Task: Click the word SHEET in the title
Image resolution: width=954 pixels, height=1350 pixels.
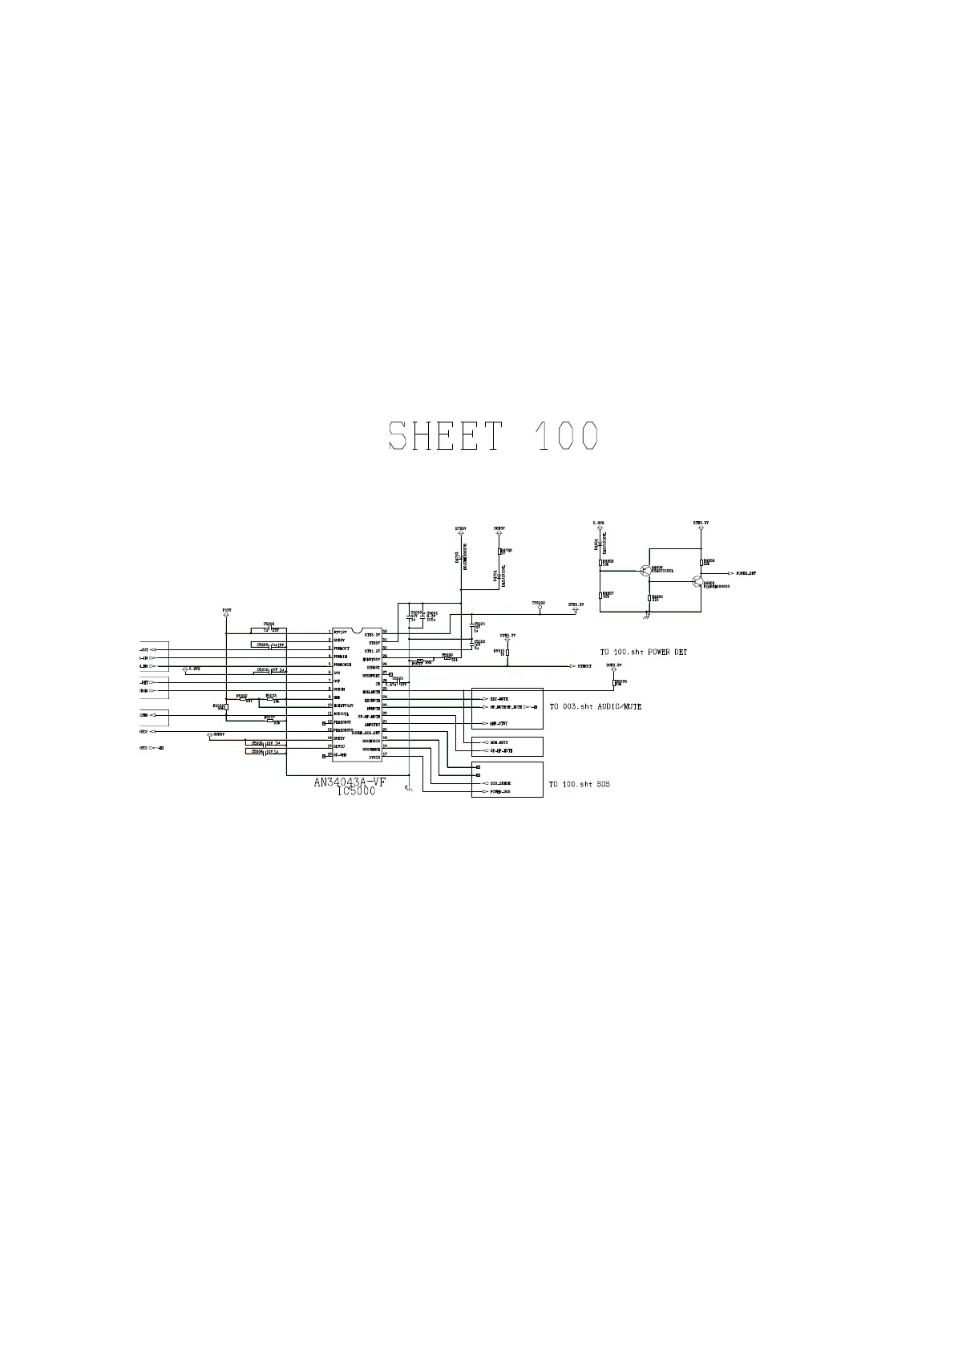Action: (446, 436)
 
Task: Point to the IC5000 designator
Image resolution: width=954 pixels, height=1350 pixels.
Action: (357, 791)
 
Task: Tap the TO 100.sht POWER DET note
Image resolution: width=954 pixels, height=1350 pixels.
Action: (644, 653)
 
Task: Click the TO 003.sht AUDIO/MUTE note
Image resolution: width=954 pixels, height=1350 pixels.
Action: (595, 707)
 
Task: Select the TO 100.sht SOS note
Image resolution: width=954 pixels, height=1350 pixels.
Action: (579, 784)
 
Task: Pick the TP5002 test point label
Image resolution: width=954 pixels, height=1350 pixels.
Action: (538, 602)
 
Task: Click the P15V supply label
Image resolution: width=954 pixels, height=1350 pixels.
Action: (227, 610)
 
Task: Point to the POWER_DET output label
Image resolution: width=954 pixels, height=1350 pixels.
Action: (746, 574)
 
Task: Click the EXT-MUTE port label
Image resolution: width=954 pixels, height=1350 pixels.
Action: (499, 699)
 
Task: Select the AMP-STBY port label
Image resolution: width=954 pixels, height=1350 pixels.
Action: (499, 723)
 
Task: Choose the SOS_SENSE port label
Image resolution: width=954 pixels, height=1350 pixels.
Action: (500, 782)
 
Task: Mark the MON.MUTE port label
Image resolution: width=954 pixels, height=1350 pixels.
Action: (499, 742)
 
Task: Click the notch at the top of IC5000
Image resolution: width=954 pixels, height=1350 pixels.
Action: (358, 630)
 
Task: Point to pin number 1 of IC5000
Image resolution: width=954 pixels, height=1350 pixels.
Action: (329, 633)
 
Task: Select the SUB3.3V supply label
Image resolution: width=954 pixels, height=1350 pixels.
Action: (614, 665)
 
